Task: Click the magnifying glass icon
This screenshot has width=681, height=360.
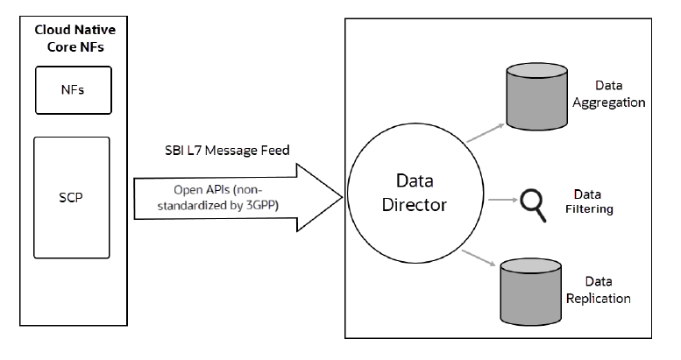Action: click(533, 201)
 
